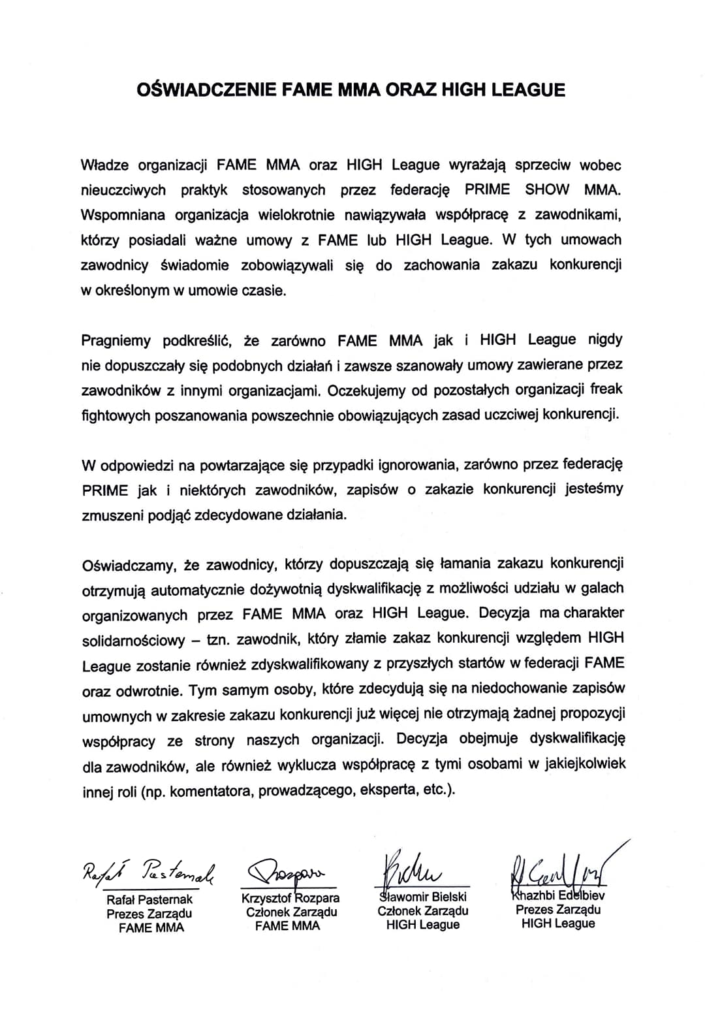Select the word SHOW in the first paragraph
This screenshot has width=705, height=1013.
(x=547, y=190)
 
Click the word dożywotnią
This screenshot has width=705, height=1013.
(x=286, y=590)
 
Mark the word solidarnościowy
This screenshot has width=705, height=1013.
(x=133, y=640)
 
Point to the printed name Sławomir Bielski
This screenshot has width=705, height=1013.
(x=423, y=896)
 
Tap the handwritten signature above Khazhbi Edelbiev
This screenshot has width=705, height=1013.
(x=561, y=867)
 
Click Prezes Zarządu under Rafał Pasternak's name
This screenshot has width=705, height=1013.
(x=149, y=914)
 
